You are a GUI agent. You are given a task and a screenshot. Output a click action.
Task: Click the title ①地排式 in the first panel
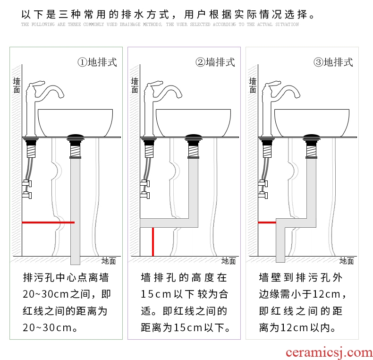[97, 62]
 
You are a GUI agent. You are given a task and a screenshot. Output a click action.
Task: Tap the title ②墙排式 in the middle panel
[215, 62]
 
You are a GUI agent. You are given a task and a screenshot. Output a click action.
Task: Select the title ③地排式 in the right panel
[333, 62]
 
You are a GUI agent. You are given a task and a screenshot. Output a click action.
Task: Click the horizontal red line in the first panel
[48, 223]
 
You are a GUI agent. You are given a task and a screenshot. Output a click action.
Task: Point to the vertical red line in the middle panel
[153, 242]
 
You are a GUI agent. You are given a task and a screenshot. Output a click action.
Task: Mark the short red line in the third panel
[267, 223]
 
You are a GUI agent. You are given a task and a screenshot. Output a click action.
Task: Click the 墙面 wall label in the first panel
[17, 85]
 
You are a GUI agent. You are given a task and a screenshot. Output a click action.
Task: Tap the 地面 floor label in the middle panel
[229, 261]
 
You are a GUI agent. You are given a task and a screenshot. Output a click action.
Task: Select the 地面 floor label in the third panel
[347, 261]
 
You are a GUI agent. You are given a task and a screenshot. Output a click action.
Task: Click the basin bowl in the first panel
[75, 123]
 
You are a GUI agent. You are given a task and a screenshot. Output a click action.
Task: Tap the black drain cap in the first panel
[75, 137]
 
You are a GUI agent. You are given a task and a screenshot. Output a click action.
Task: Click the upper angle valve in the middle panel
[145, 183]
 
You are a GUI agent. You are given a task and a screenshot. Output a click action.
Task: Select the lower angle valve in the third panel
[263, 195]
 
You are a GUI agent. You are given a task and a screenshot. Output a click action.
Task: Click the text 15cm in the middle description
[156, 294]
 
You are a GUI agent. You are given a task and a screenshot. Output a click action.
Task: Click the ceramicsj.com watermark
[329, 352]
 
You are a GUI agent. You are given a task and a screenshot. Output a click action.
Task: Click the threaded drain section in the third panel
[312, 151]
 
